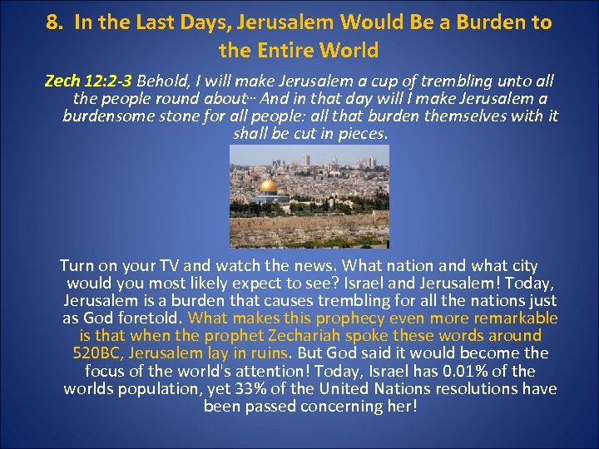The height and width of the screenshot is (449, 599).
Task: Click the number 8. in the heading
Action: [x=55, y=22]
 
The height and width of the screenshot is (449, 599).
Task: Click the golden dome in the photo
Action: [x=269, y=186]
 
